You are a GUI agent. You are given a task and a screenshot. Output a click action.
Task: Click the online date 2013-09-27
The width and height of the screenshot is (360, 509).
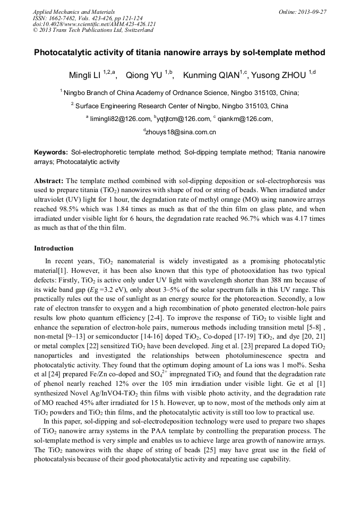pos(313,12)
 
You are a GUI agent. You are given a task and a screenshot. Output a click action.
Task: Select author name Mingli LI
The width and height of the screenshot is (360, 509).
pos(85,75)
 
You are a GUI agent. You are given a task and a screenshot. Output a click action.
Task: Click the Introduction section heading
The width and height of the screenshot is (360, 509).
pos(54,248)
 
